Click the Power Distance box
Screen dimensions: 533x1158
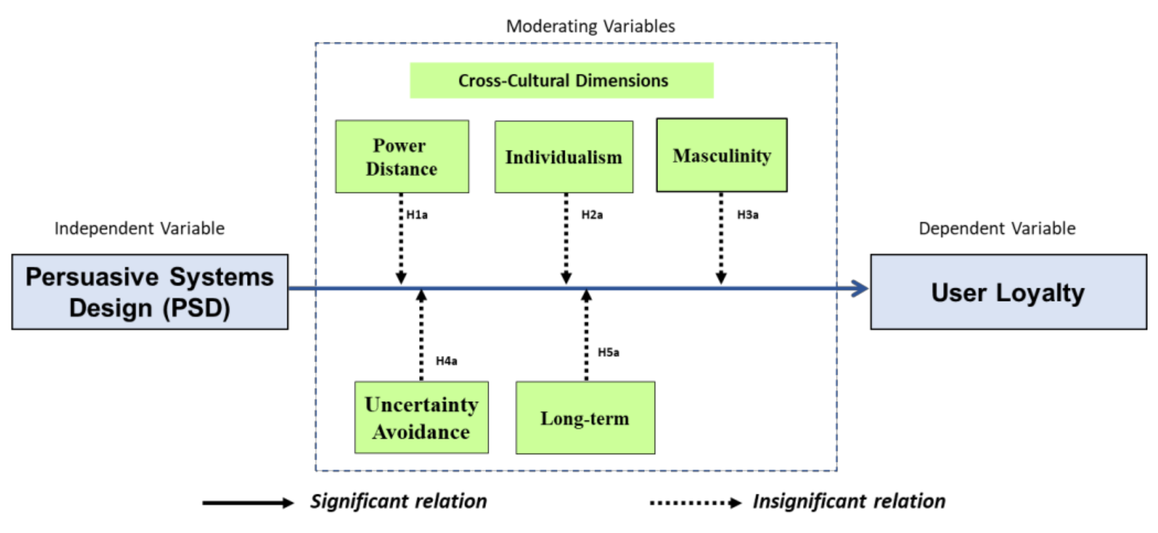(401, 157)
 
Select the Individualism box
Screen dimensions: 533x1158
(564, 157)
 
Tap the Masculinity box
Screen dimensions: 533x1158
(722, 155)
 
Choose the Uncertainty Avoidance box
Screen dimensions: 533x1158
(421, 418)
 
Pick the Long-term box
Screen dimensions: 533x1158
(585, 418)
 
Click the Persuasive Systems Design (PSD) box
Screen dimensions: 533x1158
(150, 292)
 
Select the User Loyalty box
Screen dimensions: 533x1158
(1008, 292)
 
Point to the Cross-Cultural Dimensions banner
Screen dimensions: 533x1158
(561, 81)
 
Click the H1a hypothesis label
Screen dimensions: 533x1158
(417, 215)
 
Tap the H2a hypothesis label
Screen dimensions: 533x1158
(591, 215)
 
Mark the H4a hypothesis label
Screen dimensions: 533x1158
(446, 361)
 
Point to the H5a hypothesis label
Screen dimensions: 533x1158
(608, 352)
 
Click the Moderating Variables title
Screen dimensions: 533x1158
(590, 26)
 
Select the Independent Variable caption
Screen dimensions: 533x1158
(139, 229)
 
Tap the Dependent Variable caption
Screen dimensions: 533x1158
(997, 229)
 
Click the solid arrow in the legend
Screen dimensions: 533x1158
(247, 503)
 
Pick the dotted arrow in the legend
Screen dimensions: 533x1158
(694, 503)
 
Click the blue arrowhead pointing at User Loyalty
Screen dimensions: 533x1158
(859, 288)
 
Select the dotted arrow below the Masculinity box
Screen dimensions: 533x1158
(721, 238)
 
